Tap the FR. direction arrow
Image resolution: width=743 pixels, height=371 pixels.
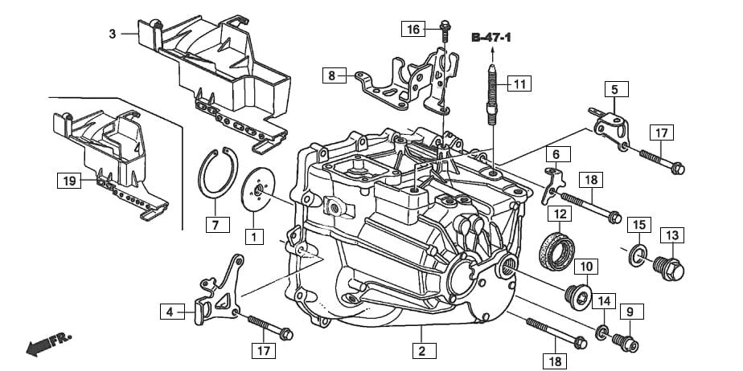click(x=48, y=344)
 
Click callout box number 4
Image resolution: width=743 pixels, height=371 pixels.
click(x=170, y=311)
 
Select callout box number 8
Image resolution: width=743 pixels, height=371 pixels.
click(x=330, y=76)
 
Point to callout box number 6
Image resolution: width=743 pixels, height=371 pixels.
click(x=555, y=153)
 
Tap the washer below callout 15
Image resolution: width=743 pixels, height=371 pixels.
click(x=638, y=255)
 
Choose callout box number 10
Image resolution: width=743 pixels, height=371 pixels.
click(x=586, y=266)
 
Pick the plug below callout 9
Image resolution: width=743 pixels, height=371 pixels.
click(x=626, y=344)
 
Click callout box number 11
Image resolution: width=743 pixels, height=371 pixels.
click(x=520, y=83)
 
